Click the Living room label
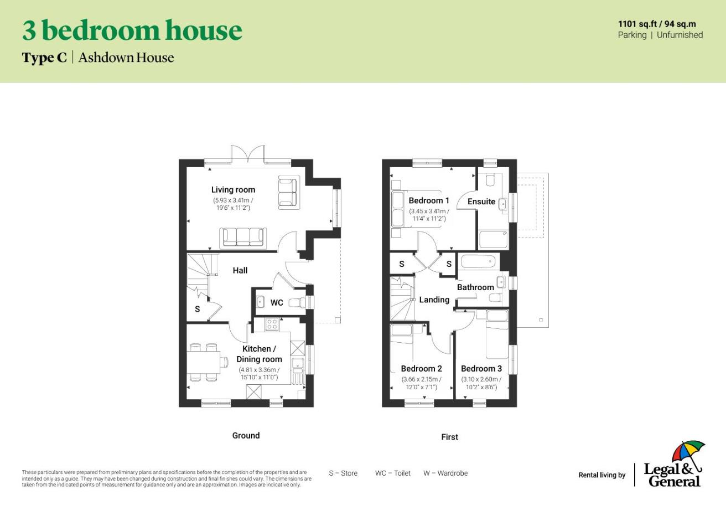[x=233, y=190]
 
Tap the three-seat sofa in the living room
[x=243, y=237]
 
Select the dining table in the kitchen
[x=203, y=363]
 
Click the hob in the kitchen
[x=271, y=324]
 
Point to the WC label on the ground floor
[x=277, y=303]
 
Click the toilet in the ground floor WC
[x=298, y=302]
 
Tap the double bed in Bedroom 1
[x=399, y=209]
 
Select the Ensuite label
[x=481, y=202]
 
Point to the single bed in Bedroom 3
[x=497, y=334]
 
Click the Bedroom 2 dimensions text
[x=421, y=383]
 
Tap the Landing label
[x=434, y=300]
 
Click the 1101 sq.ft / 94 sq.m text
[x=657, y=24]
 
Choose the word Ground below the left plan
[x=246, y=436]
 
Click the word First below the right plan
[x=449, y=437]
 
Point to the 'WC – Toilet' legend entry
[x=393, y=473]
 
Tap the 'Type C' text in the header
[x=44, y=58]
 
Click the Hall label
[x=240, y=270]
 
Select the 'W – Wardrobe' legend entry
[x=445, y=473]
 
